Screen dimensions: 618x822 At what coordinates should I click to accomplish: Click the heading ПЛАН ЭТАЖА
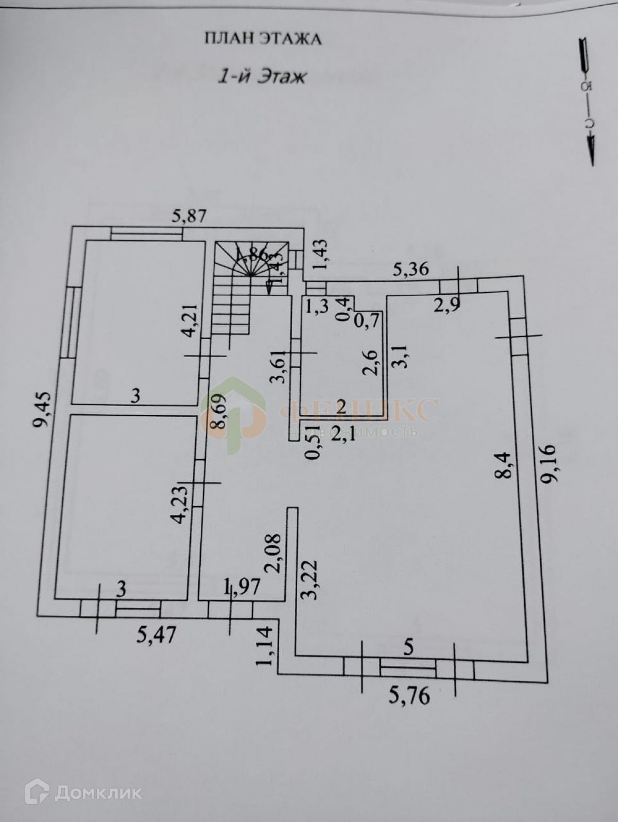(x=263, y=39)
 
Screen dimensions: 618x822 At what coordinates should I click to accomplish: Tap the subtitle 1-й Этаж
(x=263, y=77)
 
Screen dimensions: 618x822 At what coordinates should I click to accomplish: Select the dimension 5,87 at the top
(x=189, y=216)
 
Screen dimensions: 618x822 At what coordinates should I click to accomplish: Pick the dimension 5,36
(x=410, y=269)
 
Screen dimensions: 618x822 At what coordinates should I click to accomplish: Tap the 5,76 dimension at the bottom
(x=409, y=696)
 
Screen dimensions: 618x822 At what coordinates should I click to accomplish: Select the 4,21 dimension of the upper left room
(x=191, y=321)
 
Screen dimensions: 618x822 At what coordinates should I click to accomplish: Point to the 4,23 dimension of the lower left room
(x=180, y=504)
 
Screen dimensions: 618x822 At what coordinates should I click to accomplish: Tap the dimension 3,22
(x=310, y=579)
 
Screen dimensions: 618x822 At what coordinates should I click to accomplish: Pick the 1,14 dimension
(x=265, y=646)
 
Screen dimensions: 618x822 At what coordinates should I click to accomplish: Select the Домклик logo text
(x=98, y=792)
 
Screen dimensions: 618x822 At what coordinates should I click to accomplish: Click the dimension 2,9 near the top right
(x=446, y=305)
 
